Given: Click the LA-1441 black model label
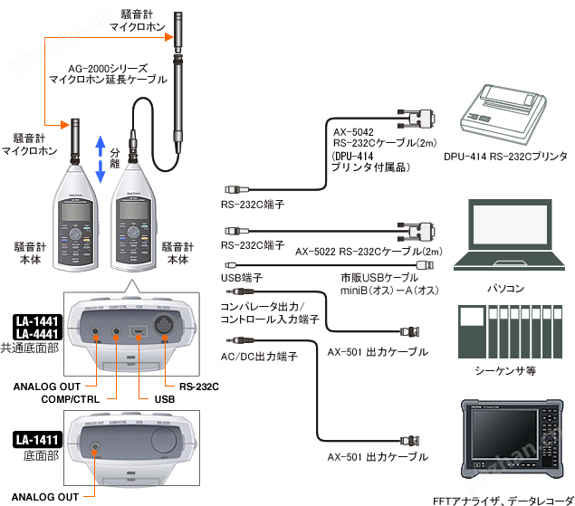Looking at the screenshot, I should point(36,321).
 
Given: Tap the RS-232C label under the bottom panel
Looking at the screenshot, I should point(198,387).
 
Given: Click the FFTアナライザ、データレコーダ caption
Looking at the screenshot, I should point(500,499).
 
